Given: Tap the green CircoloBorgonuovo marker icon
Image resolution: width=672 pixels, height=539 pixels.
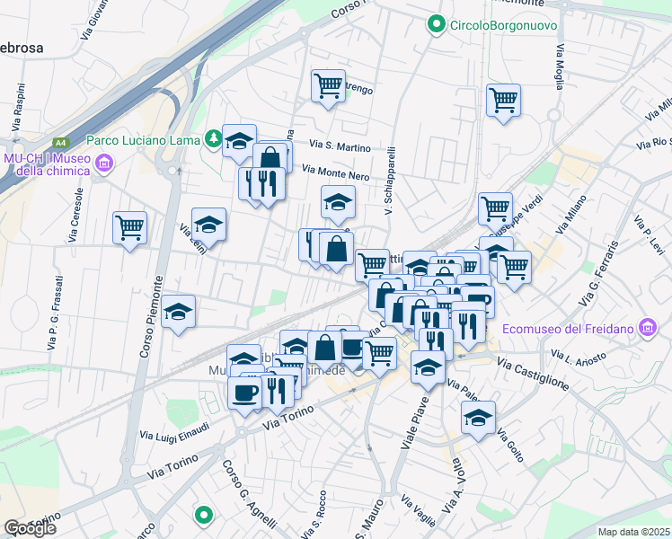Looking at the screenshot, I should point(438,24).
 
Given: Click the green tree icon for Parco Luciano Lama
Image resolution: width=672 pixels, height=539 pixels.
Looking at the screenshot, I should point(213,138).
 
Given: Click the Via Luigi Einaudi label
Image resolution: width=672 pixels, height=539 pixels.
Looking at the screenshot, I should point(174,432).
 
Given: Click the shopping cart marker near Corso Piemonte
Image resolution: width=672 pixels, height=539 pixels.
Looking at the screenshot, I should point(130,227).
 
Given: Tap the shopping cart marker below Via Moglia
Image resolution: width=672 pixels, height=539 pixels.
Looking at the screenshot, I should point(503,100).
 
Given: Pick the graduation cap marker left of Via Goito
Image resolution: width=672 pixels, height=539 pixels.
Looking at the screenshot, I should point(478,418).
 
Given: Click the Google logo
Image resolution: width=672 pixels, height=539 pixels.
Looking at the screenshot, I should point(30,528).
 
